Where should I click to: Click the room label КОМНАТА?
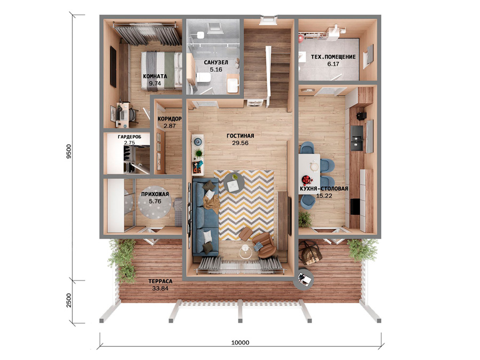coord(155,76)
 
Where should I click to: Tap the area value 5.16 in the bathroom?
coord(216,69)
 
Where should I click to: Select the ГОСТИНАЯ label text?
coord(240,135)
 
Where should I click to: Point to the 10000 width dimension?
coord(240,342)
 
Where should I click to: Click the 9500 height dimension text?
coord(69,151)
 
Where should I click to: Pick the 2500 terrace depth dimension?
coord(69,300)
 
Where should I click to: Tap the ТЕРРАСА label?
coord(161,281)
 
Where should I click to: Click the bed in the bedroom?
coord(161,71)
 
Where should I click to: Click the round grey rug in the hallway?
coord(155,202)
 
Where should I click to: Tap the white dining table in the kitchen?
coord(309,174)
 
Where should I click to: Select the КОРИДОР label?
coord(169,119)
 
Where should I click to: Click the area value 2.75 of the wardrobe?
coord(130,142)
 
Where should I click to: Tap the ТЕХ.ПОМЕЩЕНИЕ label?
coord(333,57)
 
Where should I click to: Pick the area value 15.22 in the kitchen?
coord(324,196)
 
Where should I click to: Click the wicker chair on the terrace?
coord(310,252)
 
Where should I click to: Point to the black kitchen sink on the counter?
coord(357,138)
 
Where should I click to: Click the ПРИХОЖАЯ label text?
coord(155,194)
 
